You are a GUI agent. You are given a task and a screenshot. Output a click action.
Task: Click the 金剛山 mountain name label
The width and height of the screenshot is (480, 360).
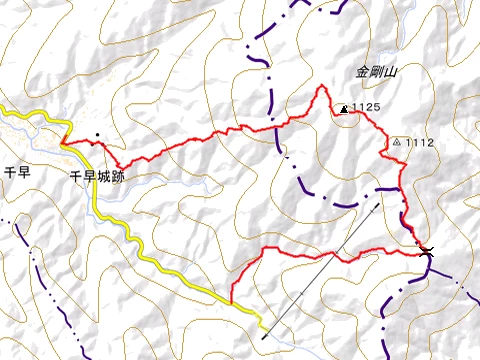[x=377, y=72]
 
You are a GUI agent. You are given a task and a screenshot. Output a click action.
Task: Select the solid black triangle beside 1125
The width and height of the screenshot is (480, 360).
[x=345, y=109]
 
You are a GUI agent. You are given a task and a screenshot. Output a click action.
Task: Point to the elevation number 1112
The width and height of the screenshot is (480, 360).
[x=420, y=143]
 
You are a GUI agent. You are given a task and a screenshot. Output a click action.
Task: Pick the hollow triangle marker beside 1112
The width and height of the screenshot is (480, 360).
[x=398, y=142]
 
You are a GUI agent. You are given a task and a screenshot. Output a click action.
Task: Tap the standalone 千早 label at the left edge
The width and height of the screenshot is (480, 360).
[x=18, y=173]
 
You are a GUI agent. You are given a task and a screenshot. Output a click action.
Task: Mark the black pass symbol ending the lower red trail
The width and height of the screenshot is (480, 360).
[x=427, y=249]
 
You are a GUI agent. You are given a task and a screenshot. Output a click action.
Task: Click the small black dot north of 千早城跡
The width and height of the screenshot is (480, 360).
[x=98, y=136]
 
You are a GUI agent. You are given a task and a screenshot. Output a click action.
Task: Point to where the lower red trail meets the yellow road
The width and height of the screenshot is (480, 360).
[x=231, y=301]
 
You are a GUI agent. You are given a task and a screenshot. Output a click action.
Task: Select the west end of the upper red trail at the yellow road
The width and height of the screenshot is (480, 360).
[x=62, y=142]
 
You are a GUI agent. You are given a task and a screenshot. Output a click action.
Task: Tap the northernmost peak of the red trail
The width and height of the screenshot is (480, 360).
[x=322, y=87]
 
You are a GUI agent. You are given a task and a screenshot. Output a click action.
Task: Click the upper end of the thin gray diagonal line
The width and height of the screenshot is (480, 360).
[x=381, y=203]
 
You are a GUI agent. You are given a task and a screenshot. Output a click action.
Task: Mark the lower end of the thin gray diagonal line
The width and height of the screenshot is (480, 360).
[x=263, y=338]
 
